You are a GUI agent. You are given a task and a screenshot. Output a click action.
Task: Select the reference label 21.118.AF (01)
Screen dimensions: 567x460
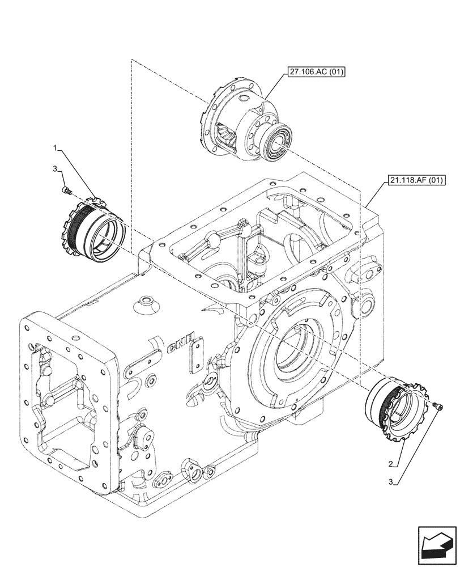point(416,181)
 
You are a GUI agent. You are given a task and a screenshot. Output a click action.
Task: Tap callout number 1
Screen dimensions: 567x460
point(56,148)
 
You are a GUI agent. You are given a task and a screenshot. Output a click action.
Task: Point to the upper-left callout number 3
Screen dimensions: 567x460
point(56,169)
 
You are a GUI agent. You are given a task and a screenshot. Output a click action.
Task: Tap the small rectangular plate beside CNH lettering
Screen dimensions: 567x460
point(197,359)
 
